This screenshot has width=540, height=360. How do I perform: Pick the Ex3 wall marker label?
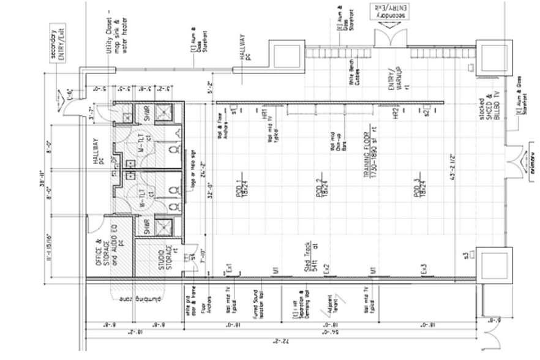tap(423, 269)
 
